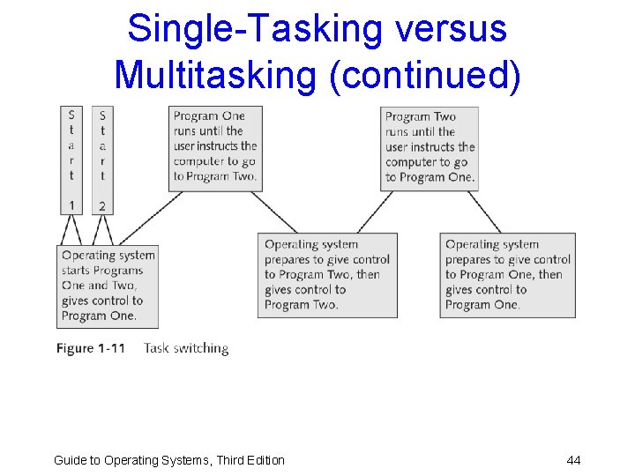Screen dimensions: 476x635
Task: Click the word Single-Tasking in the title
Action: tap(250, 28)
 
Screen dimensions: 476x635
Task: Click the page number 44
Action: tap(573, 460)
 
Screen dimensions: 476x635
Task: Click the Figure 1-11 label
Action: tap(91, 348)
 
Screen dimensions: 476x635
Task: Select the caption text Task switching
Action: tap(185, 348)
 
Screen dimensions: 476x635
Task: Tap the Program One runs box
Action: tap(215, 147)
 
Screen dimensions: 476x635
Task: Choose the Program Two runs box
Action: tap(430, 147)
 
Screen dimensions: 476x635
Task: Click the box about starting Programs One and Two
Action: tap(108, 286)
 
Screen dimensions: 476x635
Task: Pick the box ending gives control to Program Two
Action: tap(327, 275)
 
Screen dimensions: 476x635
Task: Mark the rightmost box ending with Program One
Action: tap(507, 275)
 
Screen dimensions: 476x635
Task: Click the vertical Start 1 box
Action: tap(71, 160)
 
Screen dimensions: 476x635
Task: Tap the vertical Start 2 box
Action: tap(102, 160)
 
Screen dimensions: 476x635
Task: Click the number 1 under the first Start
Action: tap(71, 205)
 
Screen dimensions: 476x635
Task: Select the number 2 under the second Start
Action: tap(102, 205)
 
